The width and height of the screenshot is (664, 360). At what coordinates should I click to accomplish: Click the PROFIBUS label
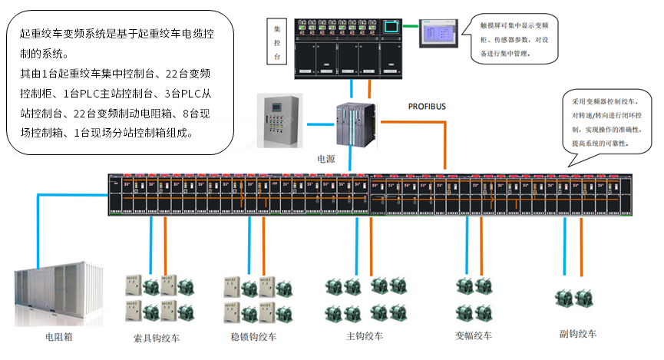pos(426,104)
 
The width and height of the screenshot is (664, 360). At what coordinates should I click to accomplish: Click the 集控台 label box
pos(278,43)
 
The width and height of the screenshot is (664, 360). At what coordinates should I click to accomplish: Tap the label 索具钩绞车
pos(157,337)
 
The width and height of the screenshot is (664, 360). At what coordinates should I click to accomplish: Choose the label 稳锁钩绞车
pos(254,336)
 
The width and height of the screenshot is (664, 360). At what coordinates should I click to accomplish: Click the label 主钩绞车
pos(365,336)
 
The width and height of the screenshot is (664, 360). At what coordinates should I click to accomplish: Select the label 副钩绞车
pos(578,334)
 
